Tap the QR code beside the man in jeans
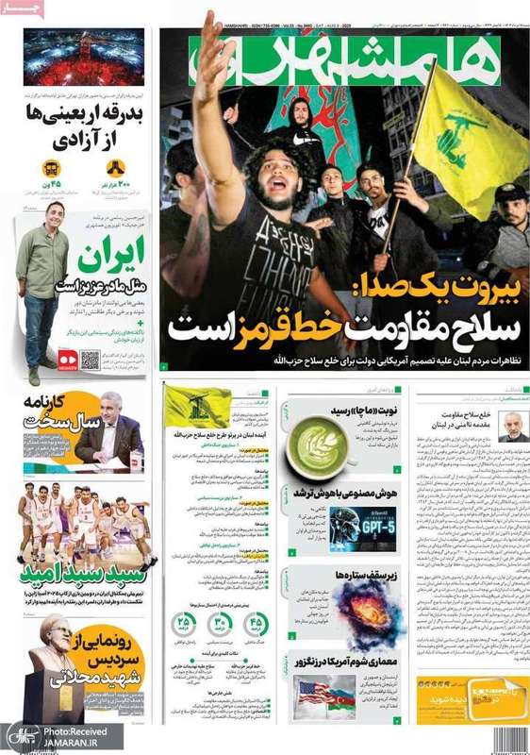91,359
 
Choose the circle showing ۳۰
220,624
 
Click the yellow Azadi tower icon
116,168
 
